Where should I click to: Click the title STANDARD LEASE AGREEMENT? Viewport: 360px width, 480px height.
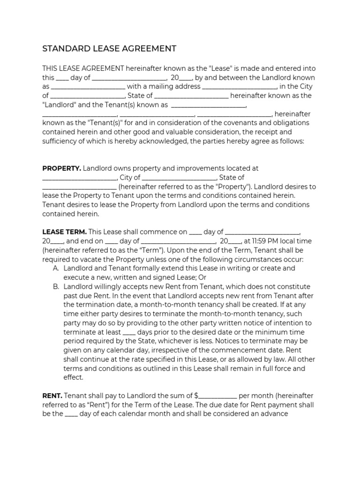tap(109, 48)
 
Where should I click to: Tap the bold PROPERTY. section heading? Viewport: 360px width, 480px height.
tap(62, 168)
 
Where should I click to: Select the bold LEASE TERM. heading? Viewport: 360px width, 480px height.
tap(64, 232)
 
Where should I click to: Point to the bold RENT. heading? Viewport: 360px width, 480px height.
tap(52, 396)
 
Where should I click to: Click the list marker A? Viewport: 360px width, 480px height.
tap(56, 269)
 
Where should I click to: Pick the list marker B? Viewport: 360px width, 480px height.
tap(56, 286)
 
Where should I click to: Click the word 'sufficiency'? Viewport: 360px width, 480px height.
tap(61, 141)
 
